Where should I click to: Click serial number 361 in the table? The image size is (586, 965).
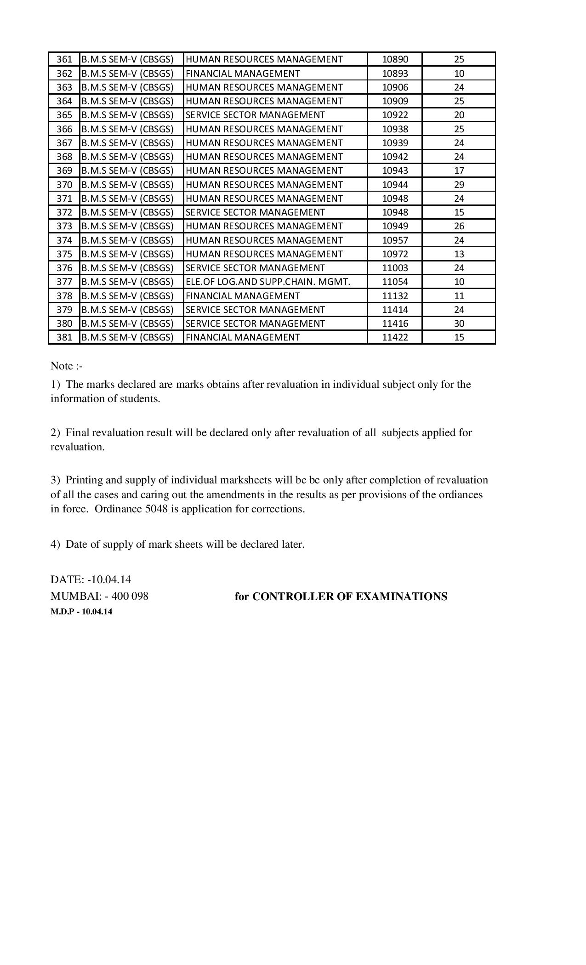click(x=64, y=59)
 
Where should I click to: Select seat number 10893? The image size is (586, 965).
click(x=395, y=74)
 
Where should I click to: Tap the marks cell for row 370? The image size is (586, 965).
click(x=459, y=185)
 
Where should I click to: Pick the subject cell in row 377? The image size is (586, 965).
click(x=267, y=282)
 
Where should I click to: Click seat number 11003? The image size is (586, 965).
click(x=395, y=268)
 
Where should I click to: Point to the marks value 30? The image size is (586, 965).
click(x=459, y=324)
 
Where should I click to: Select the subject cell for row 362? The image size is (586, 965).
click(x=243, y=74)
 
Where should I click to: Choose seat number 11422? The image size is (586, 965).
click(x=395, y=337)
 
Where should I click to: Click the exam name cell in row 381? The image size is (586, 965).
click(x=127, y=337)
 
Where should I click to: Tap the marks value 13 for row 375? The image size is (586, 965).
click(x=459, y=254)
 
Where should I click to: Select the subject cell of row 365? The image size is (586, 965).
click(x=255, y=115)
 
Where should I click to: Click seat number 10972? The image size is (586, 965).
click(x=395, y=254)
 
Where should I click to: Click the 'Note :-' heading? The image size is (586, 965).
click(x=67, y=366)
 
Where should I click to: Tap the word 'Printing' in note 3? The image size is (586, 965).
click(x=85, y=480)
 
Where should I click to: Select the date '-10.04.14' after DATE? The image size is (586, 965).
click(x=109, y=579)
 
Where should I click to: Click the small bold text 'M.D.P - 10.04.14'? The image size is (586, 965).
click(x=81, y=612)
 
